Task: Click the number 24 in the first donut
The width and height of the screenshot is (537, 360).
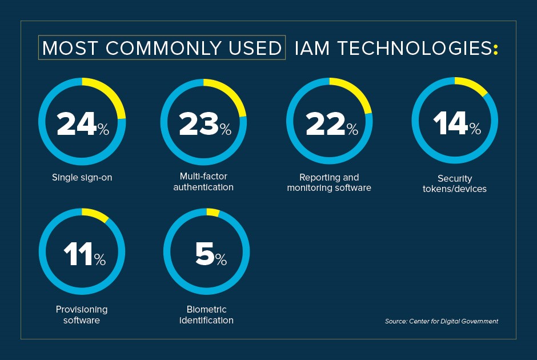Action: click(76, 124)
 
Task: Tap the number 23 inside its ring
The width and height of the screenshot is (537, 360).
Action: click(198, 124)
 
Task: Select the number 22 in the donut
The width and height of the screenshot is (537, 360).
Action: click(324, 124)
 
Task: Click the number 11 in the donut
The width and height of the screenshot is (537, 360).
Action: click(77, 254)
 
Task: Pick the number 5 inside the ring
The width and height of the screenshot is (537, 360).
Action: click(204, 254)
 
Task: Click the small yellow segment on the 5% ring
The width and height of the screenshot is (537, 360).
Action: click(213, 212)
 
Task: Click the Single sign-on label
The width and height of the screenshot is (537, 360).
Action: click(82, 177)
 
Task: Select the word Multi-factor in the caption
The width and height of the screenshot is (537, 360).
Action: click(203, 176)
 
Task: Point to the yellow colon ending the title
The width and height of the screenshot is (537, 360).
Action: click(495, 50)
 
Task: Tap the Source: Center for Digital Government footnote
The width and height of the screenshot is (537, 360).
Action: click(441, 321)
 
